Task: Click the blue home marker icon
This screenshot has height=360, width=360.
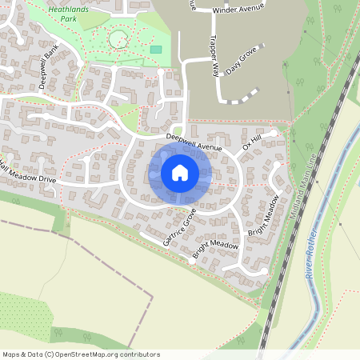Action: tap(179, 173)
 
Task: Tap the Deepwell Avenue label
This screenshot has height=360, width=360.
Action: tap(193, 142)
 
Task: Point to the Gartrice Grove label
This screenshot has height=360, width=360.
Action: tap(179, 226)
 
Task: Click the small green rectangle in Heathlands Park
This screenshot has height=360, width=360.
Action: tap(155, 50)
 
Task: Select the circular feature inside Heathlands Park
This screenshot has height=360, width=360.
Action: tap(118, 38)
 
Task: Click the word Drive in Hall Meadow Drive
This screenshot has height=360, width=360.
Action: tap(45, 179)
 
